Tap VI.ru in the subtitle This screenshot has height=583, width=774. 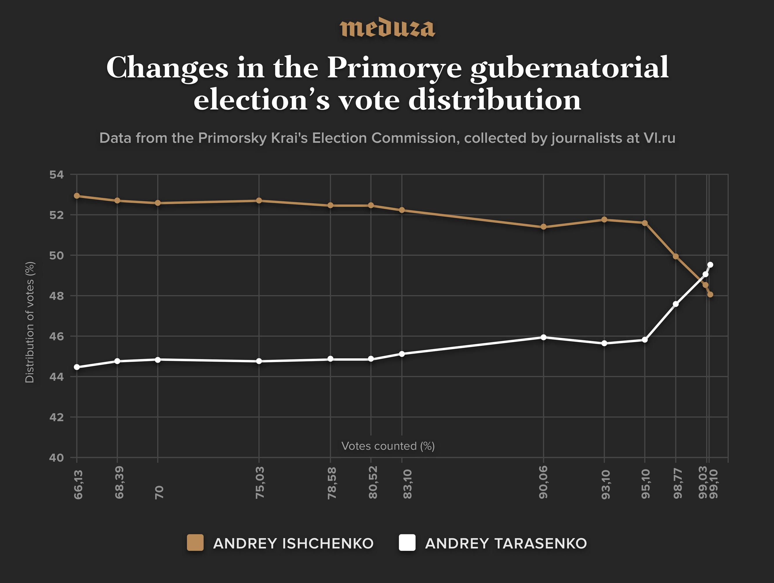click(x=659, y=138)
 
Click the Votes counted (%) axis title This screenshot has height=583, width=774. click(x=388, y=446)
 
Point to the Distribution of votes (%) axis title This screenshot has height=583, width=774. click(x=30, y=322)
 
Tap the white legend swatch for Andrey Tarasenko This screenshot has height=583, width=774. click(x=407, y=543)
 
